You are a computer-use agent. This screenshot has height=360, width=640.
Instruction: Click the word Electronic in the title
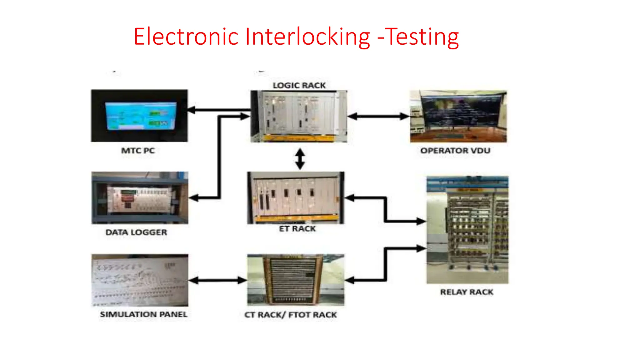[x=186, y=37]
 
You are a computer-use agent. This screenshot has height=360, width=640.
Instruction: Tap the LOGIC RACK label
[x=299, y=85]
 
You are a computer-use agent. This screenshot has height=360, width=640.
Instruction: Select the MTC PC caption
[x=138, y=151]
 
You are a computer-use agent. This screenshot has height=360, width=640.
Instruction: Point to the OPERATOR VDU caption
[x=455, y=151]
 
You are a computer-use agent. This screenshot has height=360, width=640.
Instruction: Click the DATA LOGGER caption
[x=136, y=232]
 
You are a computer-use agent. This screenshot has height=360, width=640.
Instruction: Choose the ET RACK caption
[x=297, y=229]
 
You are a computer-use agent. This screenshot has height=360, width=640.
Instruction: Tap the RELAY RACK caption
[x=467, y=292]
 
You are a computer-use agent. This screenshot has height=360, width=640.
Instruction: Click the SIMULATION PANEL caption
[x=143, y=314]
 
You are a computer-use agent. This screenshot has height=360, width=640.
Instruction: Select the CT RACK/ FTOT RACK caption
[x=290, y=315]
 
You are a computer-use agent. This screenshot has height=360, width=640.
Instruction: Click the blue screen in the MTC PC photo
[x=141, y=116]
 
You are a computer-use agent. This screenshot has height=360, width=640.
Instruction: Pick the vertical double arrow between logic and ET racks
[x=300, y=159]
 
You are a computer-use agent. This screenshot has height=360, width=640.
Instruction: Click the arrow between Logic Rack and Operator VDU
[x=378, y=117]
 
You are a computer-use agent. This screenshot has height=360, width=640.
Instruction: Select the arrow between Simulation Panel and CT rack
[x=218, y=280]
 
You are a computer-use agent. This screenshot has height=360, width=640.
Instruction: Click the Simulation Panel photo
[x=140, y=280]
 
